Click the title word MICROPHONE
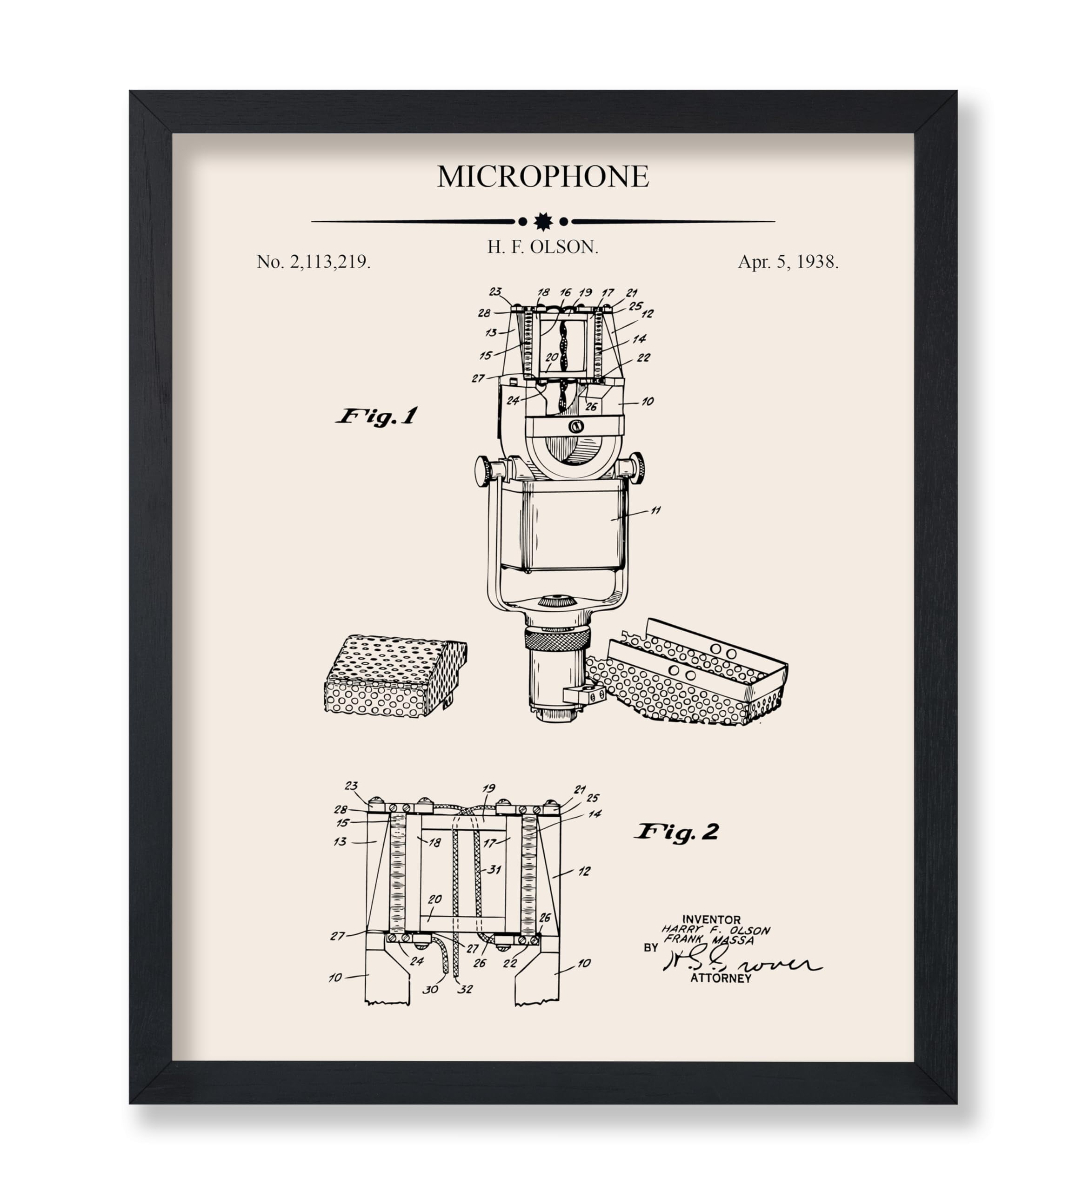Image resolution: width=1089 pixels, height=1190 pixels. coord(543,177)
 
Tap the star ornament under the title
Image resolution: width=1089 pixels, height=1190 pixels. coord(543,221)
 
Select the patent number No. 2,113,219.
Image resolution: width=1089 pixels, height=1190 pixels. coord(314,262)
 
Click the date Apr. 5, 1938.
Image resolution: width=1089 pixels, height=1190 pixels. coord(788,262)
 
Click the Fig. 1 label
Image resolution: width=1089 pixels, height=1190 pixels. coord(377,416)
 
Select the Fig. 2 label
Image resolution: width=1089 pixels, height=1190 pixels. coord(677,832)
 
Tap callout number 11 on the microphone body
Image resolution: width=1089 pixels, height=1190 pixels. coord(655,510)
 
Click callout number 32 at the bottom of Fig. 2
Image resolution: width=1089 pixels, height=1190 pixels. coord(465,989)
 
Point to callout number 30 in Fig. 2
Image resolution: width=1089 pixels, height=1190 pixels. coord(430,989)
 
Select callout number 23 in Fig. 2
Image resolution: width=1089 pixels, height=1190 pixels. coord(351,786)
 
